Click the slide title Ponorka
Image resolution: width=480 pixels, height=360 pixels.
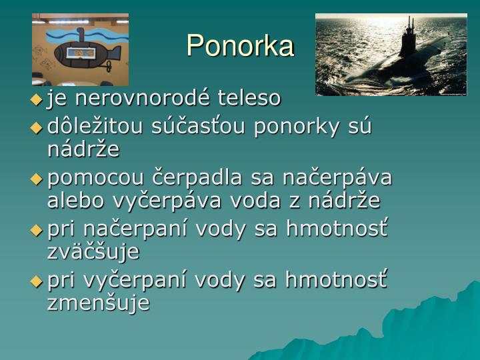coord(240,45)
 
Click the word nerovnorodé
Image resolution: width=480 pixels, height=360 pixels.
coord(136,99)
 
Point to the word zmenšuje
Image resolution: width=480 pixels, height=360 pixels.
coord(99,303)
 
